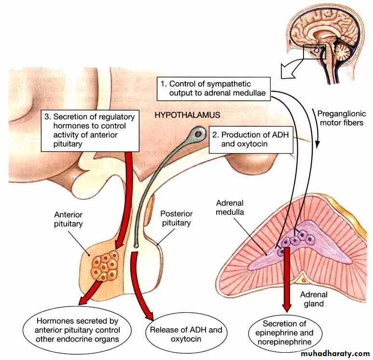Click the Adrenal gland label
coord(314,299)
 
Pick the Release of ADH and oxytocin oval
coord(186,335)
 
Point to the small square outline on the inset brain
coord(314,51)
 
